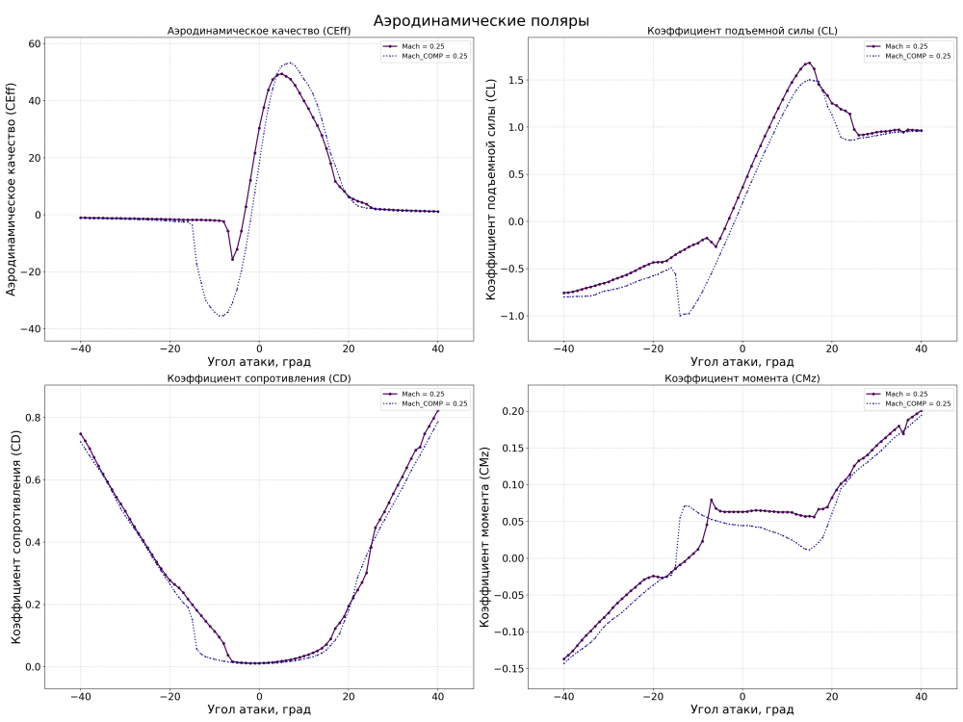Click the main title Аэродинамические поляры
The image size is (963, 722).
pyautogui.click(x=481, y=20)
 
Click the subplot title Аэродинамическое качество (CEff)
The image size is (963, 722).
pyautogui.click(x=259, y=32)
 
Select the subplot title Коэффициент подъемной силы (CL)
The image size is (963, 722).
pyautogui.click(x=742, y=32)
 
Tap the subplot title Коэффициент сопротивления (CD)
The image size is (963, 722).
pyautogui.click(x=259, y=378)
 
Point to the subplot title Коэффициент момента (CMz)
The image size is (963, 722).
pyautogui.click(x=742, y=378)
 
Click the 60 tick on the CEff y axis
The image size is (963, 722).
pyautogui.click(x=33, y=44)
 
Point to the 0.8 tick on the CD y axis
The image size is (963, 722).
pyautogui.click(x=32, y=418)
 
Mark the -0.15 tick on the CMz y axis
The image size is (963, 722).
pyautogui.click(x=507, y=667)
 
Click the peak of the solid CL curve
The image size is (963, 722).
pyautogui.click(x=809, y=64)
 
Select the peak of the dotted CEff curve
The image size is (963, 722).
pyautogui.click(x=290, y=64)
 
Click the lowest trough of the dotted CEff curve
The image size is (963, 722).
pyautogui.click(x=222, y=316)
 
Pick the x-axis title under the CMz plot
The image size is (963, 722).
pyautogui.click(x=742, y=709)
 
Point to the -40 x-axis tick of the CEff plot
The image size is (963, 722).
pyautogui.click(x=80, y=348)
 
